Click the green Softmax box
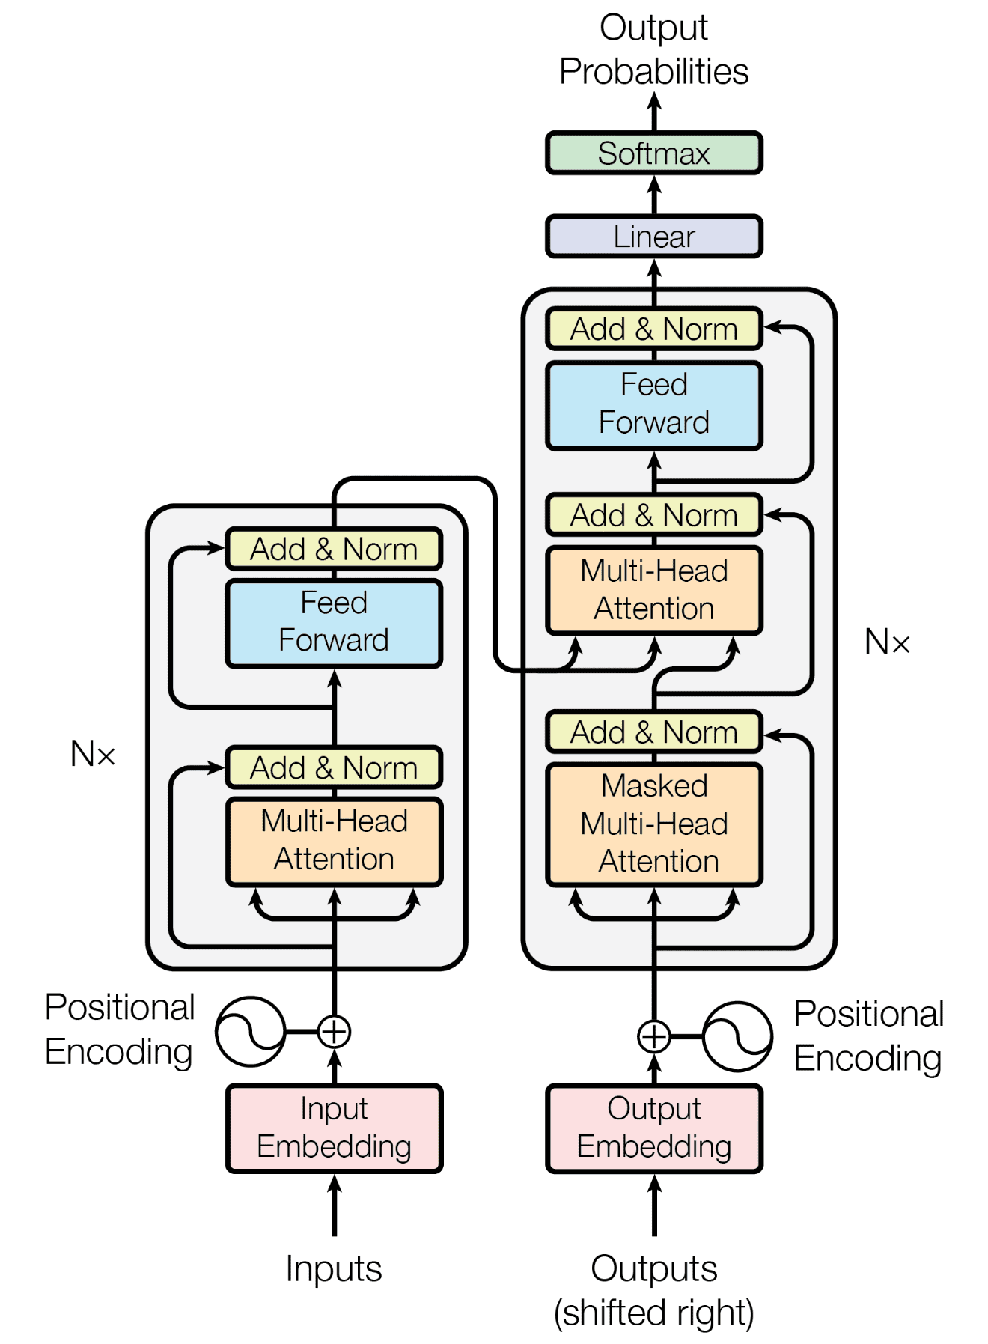(x=653, y=153)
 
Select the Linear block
(x=653, y=237)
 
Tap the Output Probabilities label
(x=653, y=49)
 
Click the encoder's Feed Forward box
(x=334, y=622)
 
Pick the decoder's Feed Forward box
(x=653, y=404)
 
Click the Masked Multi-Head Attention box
(x=653, y=824)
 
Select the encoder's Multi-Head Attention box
(x=334, y=840)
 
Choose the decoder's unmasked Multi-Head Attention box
(x=653, y=590)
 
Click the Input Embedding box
(x=334, y=1128)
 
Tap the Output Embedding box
(x=653, y=1128)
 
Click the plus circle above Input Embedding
(x=334, y=1031)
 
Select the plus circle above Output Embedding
(x=653, y=1037)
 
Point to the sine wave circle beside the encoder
(x=251, y=1031)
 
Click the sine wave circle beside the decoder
(x=737, y=1037)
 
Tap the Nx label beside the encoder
(x=93, y=754)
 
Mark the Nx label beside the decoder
(x=887, y=642)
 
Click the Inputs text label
(x=334, y=1269)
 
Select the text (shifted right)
(x=653, y=1313)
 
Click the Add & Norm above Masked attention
(x=653, y=732)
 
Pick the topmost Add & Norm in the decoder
(x=653, y=329)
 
